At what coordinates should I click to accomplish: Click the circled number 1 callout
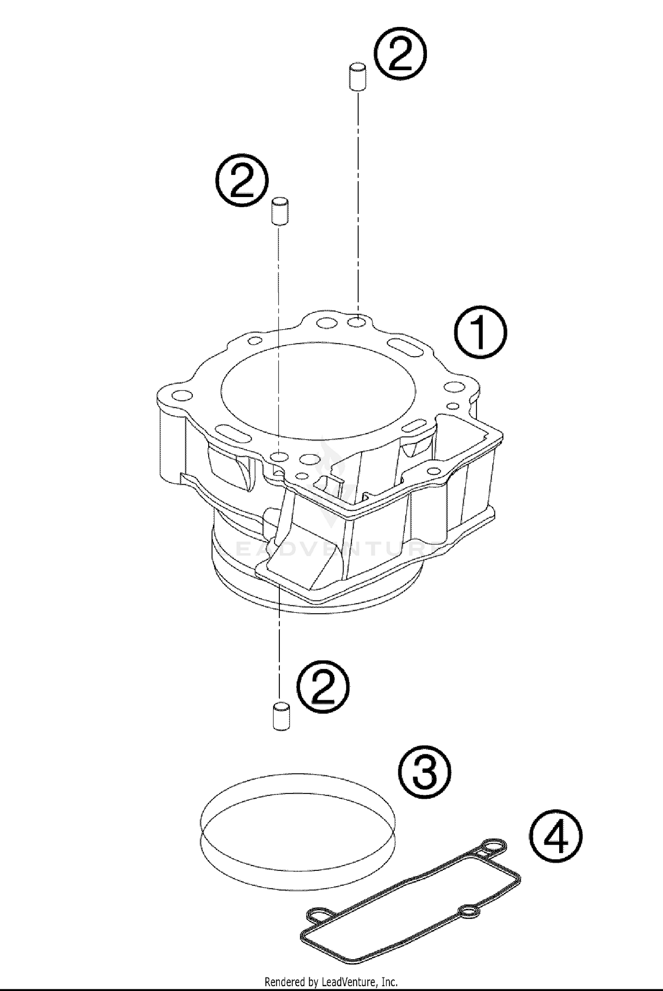pyautogui.click(x=480, y=332)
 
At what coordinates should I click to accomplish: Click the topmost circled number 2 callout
pyautogui.click(x=401, y=55)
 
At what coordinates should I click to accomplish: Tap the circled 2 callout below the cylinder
pyautogui.click(x=323, y=687)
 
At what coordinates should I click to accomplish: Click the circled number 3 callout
pyautogui.click(x=425, y=771)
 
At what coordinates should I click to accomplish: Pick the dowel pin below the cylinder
pyautogui.click(x=281, y=714)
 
